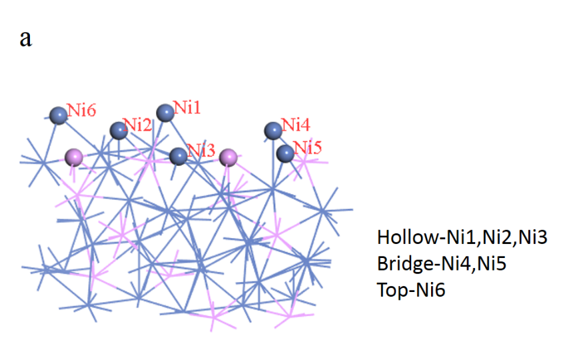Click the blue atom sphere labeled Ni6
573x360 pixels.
59,115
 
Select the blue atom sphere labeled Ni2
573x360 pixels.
119,129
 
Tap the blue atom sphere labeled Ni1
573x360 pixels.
165,112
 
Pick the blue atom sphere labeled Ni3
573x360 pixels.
178,157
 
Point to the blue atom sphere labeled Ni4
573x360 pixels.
273,130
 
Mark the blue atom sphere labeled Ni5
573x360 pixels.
285,153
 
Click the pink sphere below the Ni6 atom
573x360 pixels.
74,157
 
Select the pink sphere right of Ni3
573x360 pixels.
229,157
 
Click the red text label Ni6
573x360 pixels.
82,111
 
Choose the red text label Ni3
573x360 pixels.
201,151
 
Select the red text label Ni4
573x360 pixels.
295,125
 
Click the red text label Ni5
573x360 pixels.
307,147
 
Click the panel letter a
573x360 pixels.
25,38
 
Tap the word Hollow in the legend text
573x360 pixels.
400,237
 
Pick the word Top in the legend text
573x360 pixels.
389,290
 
